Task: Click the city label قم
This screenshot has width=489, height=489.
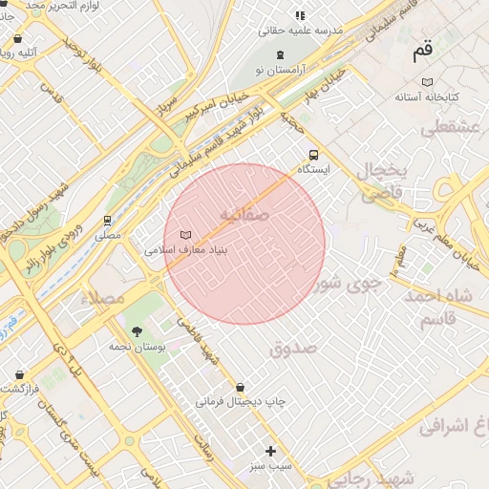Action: click(x=422, y=53)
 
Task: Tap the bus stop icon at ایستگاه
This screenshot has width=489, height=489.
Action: click(x=313, y=155)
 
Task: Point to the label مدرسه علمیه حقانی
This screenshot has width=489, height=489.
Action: click(x=300, y=30)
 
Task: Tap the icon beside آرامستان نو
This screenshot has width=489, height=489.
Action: click(x=279, y=55)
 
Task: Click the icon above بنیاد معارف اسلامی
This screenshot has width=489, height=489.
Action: click(x=186, y=234)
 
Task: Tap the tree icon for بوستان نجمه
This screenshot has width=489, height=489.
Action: click(x=138, y=331)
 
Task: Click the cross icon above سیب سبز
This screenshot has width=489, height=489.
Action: click(x=270, y=450)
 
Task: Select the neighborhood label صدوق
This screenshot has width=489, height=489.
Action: click(x=293, y=349)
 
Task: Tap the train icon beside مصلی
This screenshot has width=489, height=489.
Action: click(x=108, y=220)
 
